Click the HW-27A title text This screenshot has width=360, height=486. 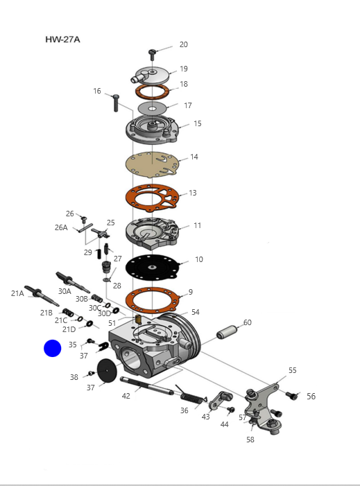(62, 40)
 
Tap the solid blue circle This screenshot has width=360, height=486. (53, 348)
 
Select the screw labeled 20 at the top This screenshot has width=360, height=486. (152, 55)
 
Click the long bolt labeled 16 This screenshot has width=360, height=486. (116, 103)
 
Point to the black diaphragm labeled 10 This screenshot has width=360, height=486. (153, 268)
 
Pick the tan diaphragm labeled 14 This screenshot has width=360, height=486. (152, 164)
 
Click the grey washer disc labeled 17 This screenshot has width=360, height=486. (152, 108)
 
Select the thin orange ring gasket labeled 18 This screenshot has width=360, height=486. (152, 92)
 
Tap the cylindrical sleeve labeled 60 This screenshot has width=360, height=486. (227, 331)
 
